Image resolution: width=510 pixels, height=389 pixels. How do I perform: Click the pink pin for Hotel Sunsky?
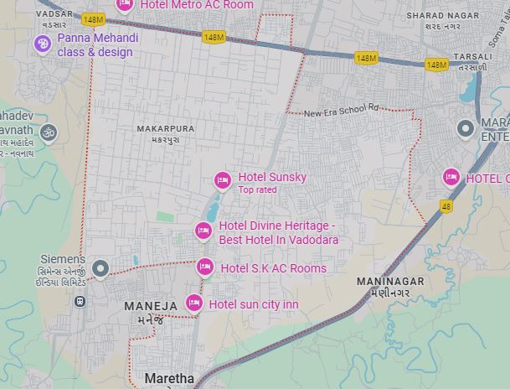pos(223,179)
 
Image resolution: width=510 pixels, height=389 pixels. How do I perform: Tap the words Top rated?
pos(257,190)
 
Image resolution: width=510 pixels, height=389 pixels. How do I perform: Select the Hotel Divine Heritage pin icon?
pos(203,231)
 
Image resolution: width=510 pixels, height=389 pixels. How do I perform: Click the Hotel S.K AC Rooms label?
pos(273,268)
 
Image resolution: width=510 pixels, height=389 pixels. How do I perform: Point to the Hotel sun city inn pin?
pos(193,303)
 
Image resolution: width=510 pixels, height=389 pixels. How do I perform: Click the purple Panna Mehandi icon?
pos(43,44)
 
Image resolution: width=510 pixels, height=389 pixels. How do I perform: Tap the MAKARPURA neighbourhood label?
pos(165,129)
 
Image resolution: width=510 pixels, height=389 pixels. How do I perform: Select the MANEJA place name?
pos(151,306)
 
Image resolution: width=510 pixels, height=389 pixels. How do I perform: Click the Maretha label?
pos(169,378)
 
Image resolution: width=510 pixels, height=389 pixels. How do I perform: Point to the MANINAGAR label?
pos(390,282)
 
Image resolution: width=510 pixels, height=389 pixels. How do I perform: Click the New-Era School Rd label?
pos(342,111)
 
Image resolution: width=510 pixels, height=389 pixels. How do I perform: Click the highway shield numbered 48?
pos(446,206)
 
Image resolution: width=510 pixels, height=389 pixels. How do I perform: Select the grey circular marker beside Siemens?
pos(100,268)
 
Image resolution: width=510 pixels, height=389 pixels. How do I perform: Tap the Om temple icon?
pos(49,132)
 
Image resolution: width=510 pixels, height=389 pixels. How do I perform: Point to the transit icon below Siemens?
pos(80,301)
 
